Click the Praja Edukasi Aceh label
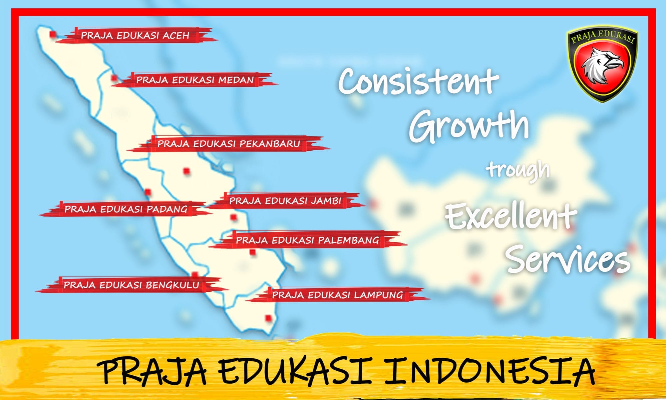point(135,35)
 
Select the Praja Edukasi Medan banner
point(195,80)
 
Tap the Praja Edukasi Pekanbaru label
point(229,144)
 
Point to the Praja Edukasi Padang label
point(126,209)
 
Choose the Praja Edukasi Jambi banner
point(285,201)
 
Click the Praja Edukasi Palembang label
point(308,240)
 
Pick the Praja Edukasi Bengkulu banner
point(132,285)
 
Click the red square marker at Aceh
point(53,34)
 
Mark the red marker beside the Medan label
point(114,78)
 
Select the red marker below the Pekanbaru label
point(186,171)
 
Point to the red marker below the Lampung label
point(268,318)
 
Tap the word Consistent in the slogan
point(419,81)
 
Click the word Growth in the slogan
point(469,127)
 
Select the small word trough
point(518,170)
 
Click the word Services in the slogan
point(568,258)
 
